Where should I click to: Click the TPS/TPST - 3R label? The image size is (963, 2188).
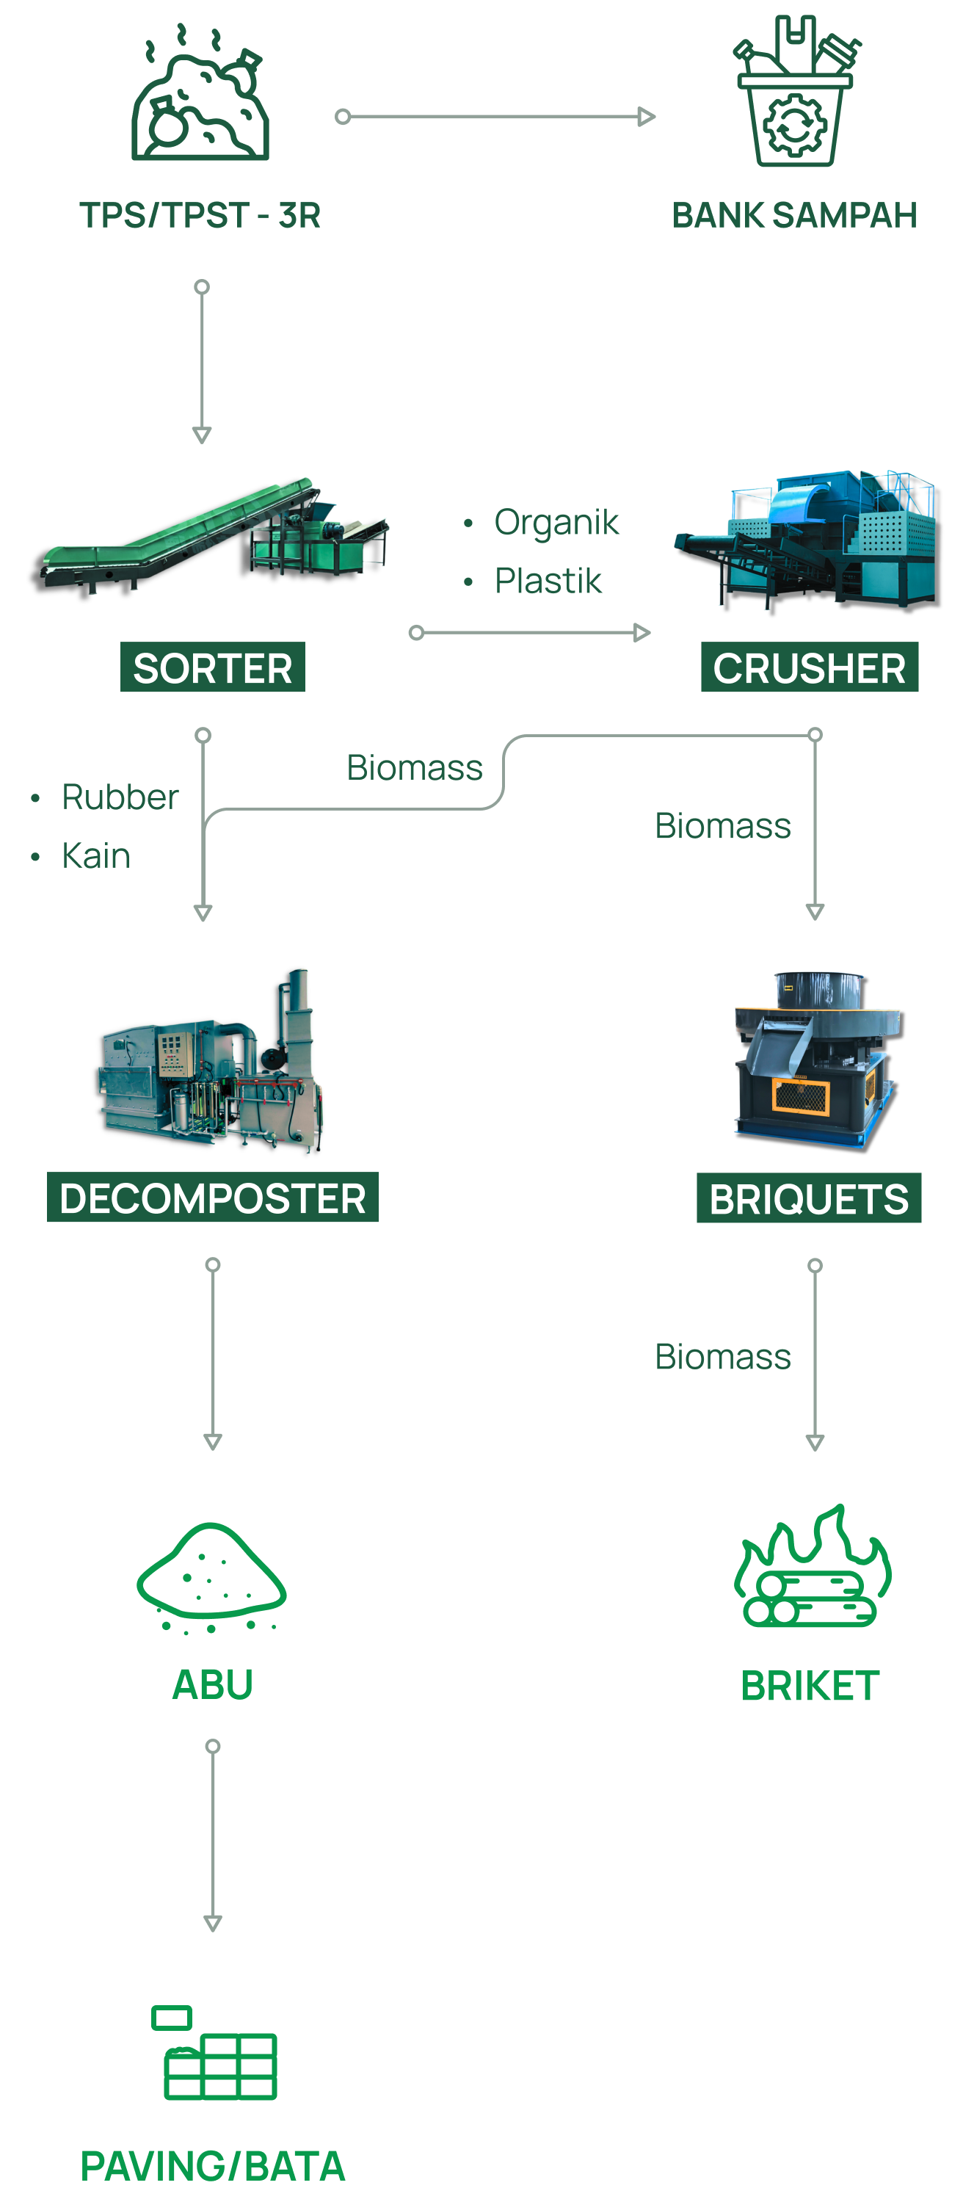[200, 216]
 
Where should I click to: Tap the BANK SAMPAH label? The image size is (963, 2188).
[794, 216]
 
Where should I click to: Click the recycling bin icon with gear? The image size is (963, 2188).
[795, 93]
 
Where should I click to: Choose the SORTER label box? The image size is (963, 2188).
[212, 667]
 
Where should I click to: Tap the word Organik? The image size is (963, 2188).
[556, 522]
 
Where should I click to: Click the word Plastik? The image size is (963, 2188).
[548, 581]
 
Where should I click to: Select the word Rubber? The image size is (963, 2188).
[120, 797]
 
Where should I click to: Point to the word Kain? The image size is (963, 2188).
[96, 856]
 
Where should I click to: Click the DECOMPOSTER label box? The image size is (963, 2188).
[212, 1198]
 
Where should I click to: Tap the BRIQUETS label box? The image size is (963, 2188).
[808, 1198]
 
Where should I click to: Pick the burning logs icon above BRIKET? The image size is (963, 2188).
[812, 1567]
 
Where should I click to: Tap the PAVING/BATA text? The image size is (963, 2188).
[212, 2165]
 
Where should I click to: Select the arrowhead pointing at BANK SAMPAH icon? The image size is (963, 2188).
[647, 116]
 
